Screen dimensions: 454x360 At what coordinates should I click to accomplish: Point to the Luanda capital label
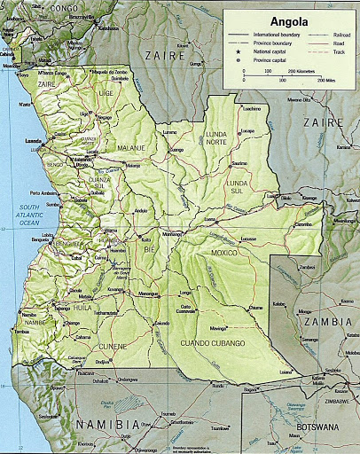[x=35, y=141]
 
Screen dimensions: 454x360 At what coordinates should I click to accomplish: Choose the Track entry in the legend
[x=329, y=53]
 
